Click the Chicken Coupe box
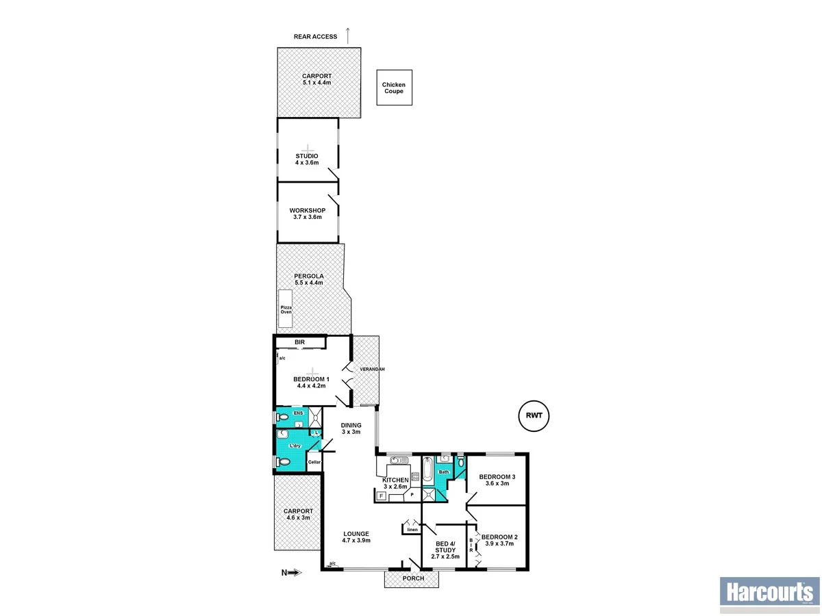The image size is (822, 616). click(394, 88)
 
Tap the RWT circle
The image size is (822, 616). click(534, 415)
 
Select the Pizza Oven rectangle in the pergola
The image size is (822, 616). click(286, 309)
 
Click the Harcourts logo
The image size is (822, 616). click(768, 591)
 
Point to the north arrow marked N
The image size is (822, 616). click(291, 573)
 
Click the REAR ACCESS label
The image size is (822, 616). click(315, 36)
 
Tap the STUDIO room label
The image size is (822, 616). click(307, 156)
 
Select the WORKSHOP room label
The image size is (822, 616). click(307, 210)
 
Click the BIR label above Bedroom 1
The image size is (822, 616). click(299, 342)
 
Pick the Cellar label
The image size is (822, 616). click(314, 462)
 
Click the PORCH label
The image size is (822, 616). click(413, 579)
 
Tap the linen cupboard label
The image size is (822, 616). click(412, 529)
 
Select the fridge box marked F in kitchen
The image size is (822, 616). click(381, 496)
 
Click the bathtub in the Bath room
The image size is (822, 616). click(427, 471)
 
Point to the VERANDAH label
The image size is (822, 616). click(373, 370)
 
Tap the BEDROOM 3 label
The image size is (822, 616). click(497, 476)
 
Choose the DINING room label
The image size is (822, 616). click(351, 424)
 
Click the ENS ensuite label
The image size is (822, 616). click(297, 413)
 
